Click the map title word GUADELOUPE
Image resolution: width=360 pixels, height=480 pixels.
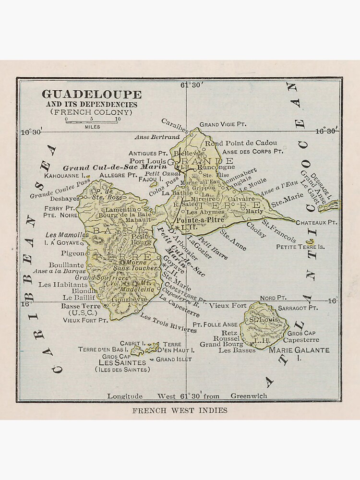click(91, 94)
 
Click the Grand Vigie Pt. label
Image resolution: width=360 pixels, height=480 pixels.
click(223, 124)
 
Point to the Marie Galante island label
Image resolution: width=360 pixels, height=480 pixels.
click(299, 350)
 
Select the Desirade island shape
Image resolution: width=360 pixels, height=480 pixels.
click(330, 206)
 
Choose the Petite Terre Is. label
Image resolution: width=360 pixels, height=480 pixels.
click(300, 247)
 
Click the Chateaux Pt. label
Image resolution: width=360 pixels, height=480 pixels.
click(316, 223)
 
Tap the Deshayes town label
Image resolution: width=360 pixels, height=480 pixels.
click(65, 198)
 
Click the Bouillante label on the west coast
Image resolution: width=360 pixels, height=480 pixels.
click(66, 264)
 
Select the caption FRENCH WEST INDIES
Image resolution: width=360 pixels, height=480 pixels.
click(180, 410)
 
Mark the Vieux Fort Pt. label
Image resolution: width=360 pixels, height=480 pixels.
click(85, 320)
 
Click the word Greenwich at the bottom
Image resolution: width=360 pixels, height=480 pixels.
click(249, 396)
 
